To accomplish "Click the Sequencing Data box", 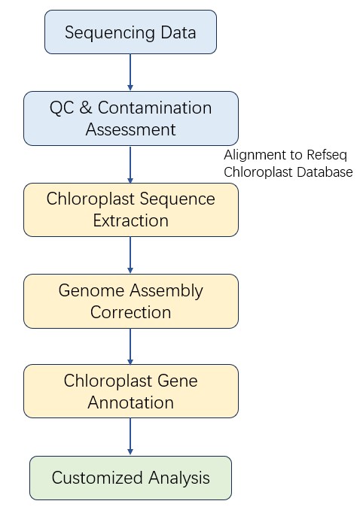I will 130,32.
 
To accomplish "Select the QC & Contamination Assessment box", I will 130,118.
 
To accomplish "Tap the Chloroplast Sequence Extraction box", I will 130,210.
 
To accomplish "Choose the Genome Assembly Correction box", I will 130,301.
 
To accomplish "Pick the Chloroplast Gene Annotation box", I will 130,391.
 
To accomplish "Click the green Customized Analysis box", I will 130,478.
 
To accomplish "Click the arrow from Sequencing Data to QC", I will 130,72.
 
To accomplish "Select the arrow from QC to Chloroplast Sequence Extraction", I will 130,164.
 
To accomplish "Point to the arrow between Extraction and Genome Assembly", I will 130,255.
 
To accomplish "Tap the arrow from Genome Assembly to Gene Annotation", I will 130,346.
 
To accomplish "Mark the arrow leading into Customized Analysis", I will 130,437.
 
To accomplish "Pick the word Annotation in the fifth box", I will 130,402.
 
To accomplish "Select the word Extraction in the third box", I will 130,221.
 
